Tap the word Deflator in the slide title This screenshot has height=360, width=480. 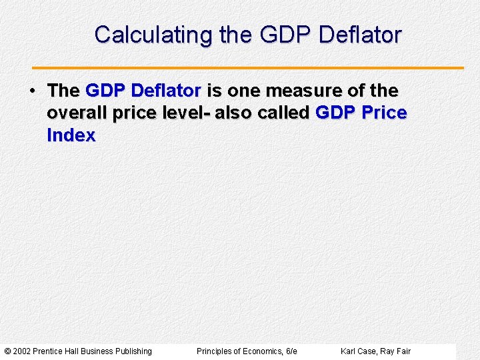tap(360, 35)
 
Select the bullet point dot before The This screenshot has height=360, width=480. tap(32, 90)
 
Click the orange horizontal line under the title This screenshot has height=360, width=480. tap(248, 68)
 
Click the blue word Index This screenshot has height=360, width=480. tap(71, 135)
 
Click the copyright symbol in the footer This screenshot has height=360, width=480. tap(7, 351)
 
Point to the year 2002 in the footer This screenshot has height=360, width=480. tap(21, 351)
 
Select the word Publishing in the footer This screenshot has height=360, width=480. tap(133, 351)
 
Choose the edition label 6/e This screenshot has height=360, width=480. tap(291, 351)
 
